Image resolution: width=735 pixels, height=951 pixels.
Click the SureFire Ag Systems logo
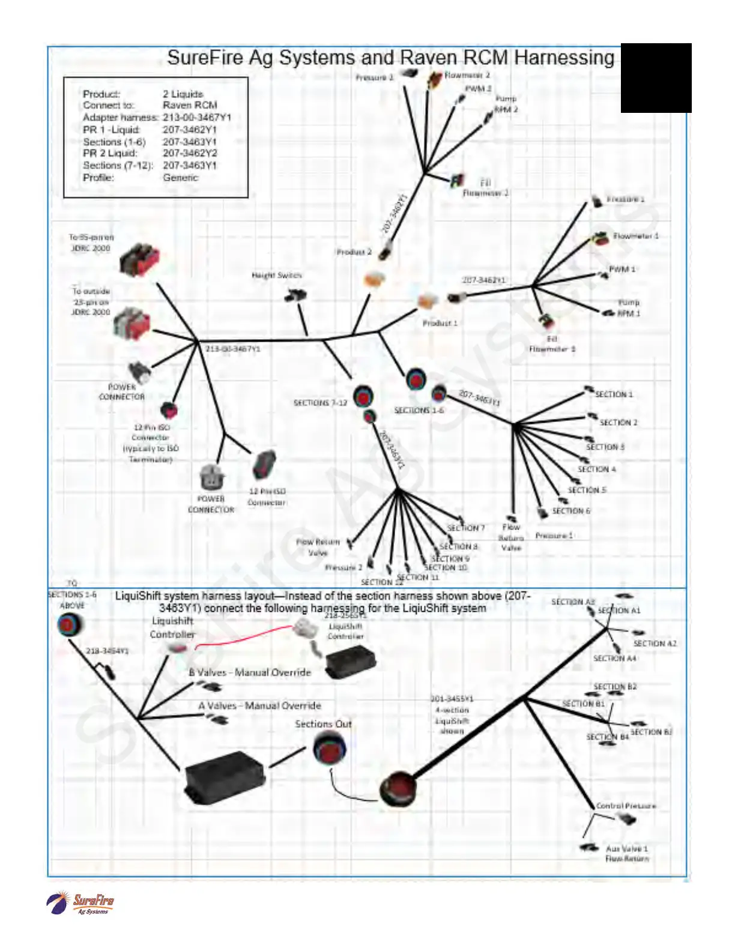(80, 903)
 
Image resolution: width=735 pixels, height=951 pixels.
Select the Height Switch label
(276, 276)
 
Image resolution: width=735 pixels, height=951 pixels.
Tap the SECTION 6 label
(571, 511)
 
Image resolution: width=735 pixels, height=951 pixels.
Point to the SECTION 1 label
(614, 394)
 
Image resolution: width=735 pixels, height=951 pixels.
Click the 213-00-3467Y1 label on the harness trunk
(233, 349)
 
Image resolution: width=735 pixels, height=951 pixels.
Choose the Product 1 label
(440, 323)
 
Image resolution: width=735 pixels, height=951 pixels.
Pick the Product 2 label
(354, 252)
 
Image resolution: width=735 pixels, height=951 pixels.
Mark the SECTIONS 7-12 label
(320, 403)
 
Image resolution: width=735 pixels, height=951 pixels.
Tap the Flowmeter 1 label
(635, 237)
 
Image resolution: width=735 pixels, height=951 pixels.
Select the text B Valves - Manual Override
(250, 672)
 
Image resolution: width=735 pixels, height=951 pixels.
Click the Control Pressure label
(626, 806)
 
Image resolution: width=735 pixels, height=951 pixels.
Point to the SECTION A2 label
(655, 644)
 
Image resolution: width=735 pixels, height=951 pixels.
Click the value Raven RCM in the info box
(190, 106)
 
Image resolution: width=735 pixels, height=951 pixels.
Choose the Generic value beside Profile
(180, 178)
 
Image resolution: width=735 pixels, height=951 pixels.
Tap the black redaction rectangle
(656, 78)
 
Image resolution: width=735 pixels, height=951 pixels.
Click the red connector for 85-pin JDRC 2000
(139, 259)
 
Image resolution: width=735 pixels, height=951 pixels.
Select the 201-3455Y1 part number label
(452, 699)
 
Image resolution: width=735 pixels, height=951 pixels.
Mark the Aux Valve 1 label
(626, 849)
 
